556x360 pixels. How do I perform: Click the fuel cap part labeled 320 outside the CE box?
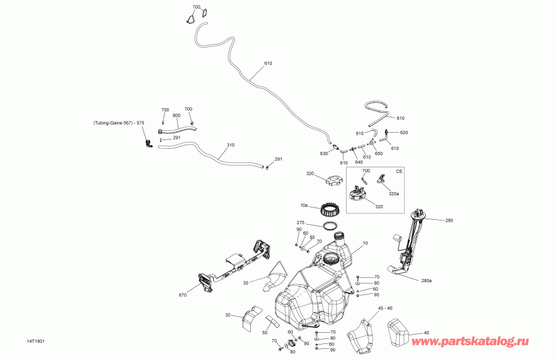(335, 181)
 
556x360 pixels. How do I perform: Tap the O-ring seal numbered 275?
(330, 225)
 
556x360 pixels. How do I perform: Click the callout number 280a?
(426, 280)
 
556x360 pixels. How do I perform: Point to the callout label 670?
(183, 295)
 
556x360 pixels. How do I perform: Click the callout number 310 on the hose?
(230, 145)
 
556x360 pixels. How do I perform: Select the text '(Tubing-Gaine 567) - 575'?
(119, 123)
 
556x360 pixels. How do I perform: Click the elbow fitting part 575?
(148, 143)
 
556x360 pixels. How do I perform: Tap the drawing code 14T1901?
(36, 341)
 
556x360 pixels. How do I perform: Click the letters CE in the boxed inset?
(399, 171)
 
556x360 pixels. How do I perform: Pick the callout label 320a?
(394, 194)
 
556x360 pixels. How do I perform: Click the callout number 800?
(176, 115)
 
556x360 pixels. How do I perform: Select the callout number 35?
(246, 283)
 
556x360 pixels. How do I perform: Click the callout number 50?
(265, 333)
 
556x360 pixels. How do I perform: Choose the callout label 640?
(359, 162)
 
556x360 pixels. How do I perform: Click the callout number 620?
(404, 133)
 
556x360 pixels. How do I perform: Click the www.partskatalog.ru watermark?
(470, 341)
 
